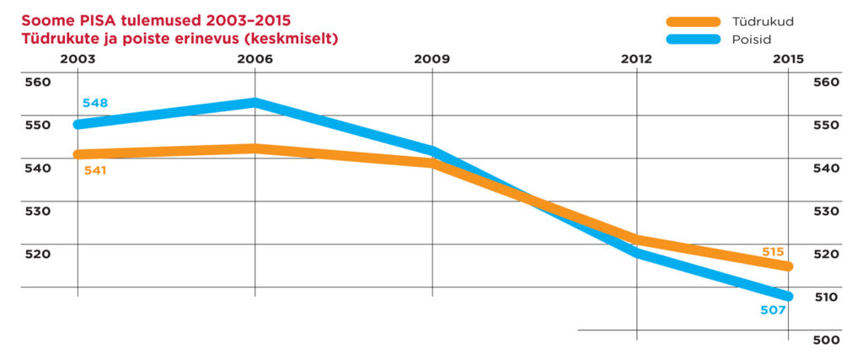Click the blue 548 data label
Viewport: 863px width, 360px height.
(94, 104)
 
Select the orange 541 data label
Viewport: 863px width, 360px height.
(94, 170)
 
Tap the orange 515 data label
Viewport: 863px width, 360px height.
(773, 251)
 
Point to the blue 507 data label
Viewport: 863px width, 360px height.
(773, 311)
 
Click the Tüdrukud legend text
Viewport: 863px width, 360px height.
(763, 20)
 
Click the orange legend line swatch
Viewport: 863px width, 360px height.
(692, 21)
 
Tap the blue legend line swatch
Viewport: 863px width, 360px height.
(692, 39)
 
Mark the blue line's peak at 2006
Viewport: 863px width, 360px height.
(255, 103)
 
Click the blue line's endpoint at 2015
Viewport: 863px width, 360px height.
(788, 296)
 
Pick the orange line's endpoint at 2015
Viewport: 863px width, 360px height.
(788, 266)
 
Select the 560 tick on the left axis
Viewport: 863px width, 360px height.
(37, 83)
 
